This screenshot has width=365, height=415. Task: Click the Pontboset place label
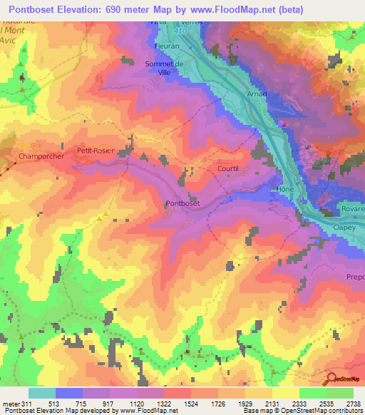(x=183, y=204)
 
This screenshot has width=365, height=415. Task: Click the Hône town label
(x=285, y=190)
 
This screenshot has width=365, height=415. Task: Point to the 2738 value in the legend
(x=353, y=404)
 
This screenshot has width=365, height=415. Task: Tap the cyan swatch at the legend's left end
(x=41, y=393)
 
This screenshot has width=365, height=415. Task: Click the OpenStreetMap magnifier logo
(x=331, y=380)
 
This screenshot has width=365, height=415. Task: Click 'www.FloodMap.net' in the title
(x=240, y=9)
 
